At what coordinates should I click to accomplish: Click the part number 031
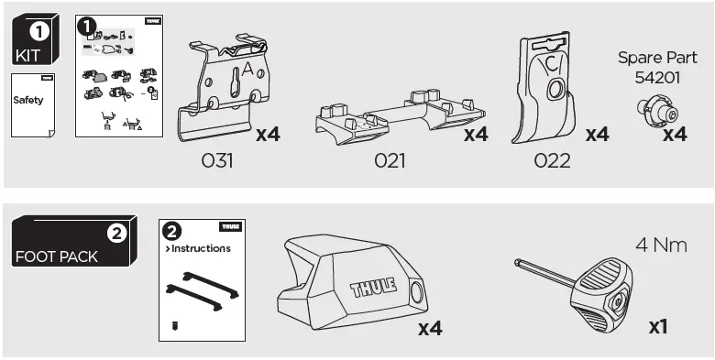pyautogui.click(x=217, y=161)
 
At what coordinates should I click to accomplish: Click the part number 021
pyautogui.click(x=390, y=161)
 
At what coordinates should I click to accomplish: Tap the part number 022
pyautogui.click(x=551, y=161)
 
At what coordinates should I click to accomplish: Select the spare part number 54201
pyautogui.click(x=657, y=79)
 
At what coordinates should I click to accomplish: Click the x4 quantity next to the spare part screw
pyautogui.click(x=675, y=135)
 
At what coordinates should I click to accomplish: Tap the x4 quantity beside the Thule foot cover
pyautogui.click(x=430, y=327)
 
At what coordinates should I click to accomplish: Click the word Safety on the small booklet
pyautogui.click(x=27, y=100)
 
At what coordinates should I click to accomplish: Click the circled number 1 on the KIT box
pyautogui.click(x=41, y=30)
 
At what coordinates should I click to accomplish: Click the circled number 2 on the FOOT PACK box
pyautogui.click(x=116, y=233)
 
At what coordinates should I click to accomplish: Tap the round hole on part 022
pyautogui.click(x=555, y=91)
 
